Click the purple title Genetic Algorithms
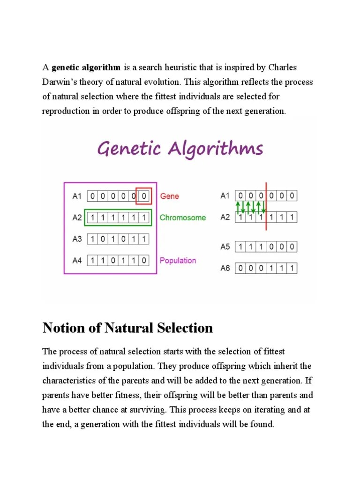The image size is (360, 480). point(180,150)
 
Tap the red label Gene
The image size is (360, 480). point(169,196)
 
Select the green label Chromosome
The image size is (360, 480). point(182,217)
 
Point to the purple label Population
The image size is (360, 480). point(178,260)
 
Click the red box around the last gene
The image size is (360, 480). point(143,196)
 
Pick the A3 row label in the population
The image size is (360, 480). point(77,239)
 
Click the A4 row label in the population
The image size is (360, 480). point(77,260)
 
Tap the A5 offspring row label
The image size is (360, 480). point(225,247)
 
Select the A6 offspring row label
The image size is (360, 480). point(225,269)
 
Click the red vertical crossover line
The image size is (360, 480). point(266,206)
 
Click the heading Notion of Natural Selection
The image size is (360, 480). point(127,328)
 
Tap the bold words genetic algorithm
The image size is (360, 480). point(86,67)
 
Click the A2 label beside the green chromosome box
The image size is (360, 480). point(77,217)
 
